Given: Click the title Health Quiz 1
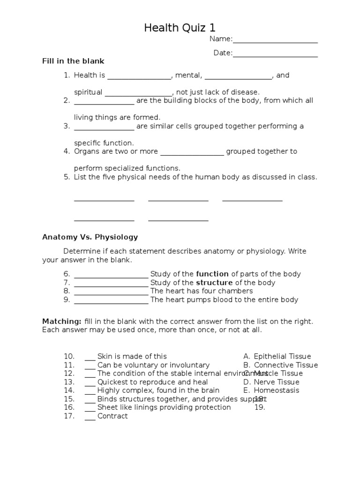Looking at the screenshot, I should click(x=180, y=28).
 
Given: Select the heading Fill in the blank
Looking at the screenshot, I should click(x=73, y=61).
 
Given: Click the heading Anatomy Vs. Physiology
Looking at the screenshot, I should click(x=90, y=237).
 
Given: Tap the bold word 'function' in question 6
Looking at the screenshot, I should click(x=212, y=274).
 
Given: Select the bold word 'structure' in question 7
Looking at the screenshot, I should click(x=214, y=283).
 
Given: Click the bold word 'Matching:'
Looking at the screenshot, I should click(x=62, y=322).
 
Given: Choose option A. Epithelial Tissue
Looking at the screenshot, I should click(x=277, y=356).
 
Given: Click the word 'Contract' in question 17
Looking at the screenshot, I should click(x=112, y=416).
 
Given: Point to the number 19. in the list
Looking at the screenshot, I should click(x=260, y=407).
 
